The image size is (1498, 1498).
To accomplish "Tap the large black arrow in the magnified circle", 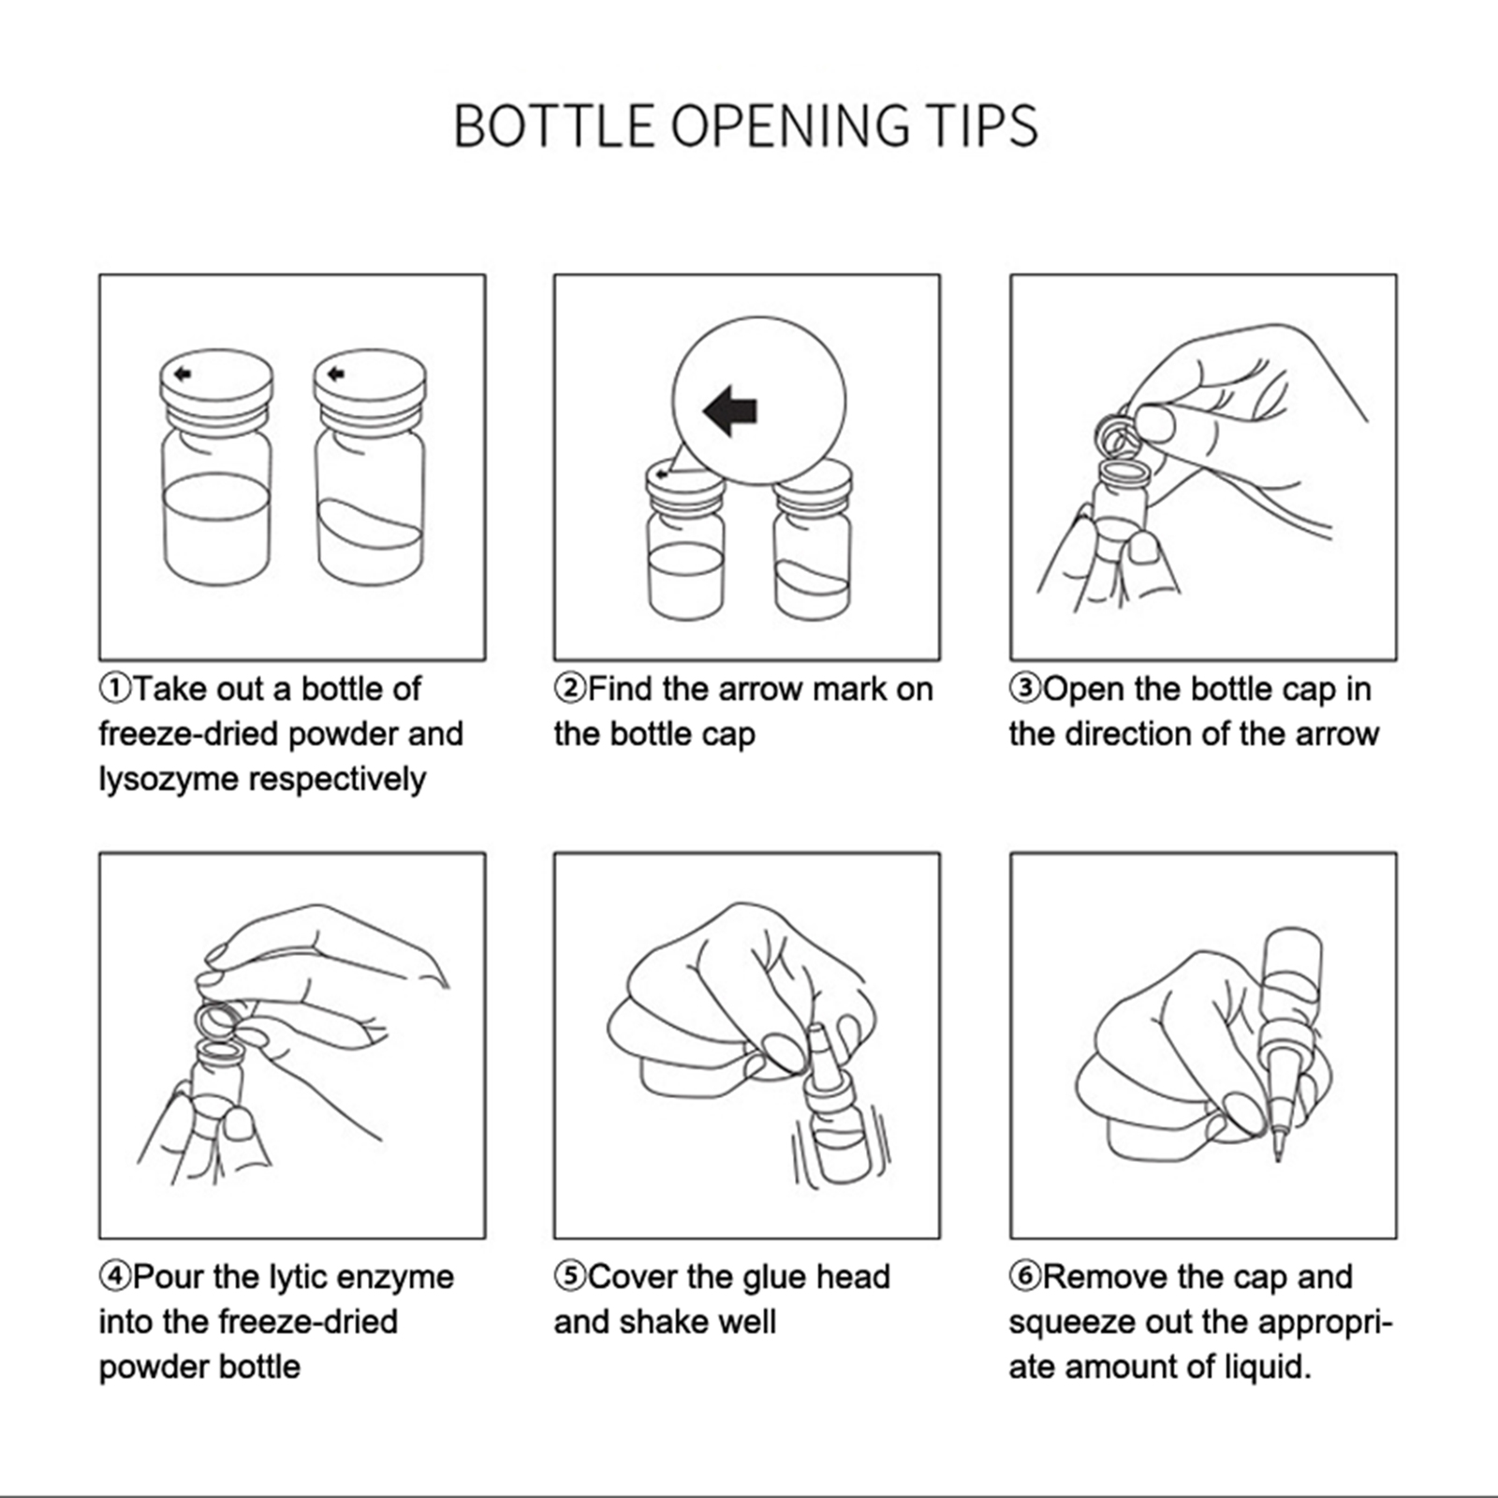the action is pyautogui.click(x=730, y=410).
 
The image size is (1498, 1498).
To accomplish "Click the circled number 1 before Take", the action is pyautogui.click(x=115, y=689).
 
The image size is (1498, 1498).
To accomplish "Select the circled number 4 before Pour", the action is pyautogui.click(x=115, y=1276).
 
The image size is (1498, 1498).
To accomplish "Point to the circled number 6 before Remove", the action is pyautogui.click(x=1025, y=1276).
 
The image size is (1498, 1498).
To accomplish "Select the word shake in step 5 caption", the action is pyautogui.click(x=655, y=1321).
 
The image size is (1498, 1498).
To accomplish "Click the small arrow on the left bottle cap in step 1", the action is pyautogui.click(x=184, y=374).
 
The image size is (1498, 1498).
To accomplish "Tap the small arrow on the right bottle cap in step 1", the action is pyautogui.click(x=336, y=374).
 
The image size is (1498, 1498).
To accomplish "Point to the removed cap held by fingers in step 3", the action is pyautogui.click(x=1116, y=433).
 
